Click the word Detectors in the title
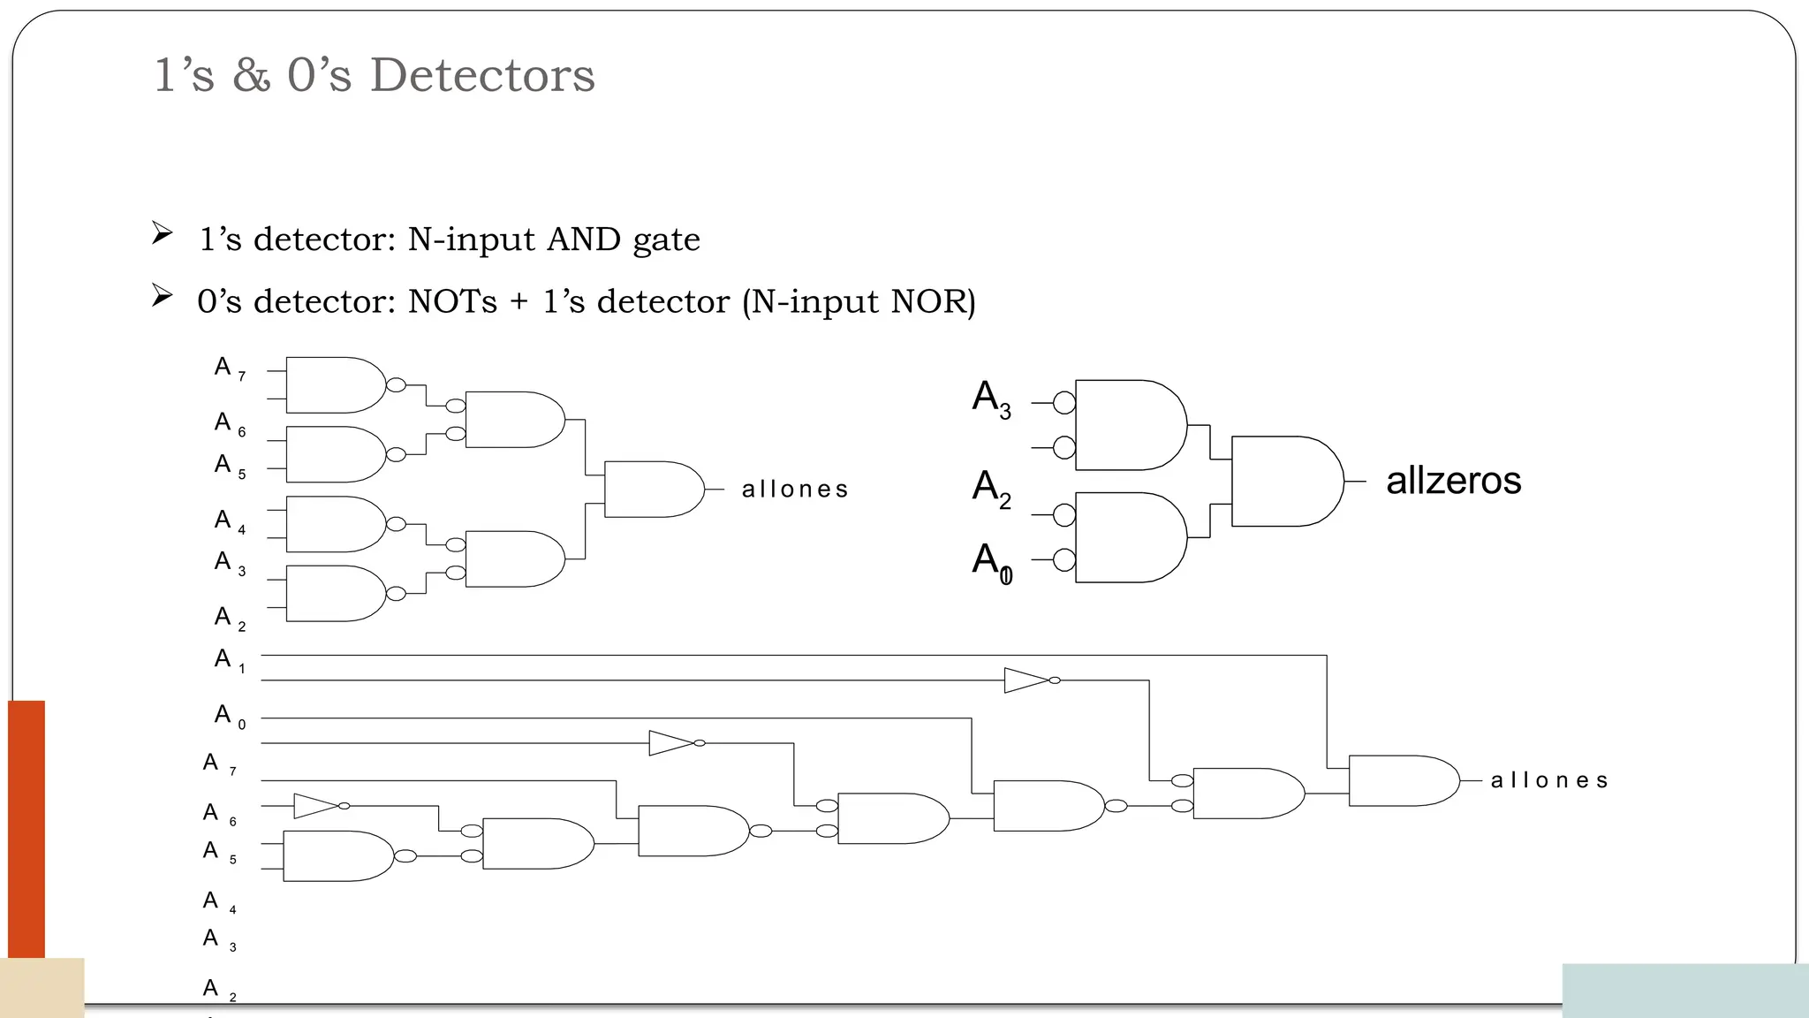tap(482, 75)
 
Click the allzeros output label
tap(1453, 481)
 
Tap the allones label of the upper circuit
tap(795, 489)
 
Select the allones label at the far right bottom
tap(1549, 780)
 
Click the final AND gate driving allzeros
tap(1285, 481)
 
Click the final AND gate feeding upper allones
tap(652, 489)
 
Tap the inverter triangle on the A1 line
tap(1026, 680)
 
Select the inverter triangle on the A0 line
tap(670, 743)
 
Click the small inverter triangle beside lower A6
tap(315, 806)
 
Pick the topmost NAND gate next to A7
tap(333, 385)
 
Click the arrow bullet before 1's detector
tap(162, 234)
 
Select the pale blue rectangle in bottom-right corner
tap(1684, 990)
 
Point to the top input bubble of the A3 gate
tap(1064, 403)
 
